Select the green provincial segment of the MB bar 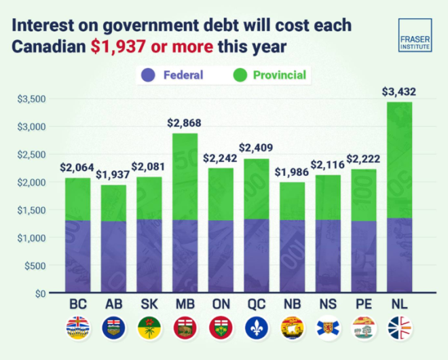coord(185,177)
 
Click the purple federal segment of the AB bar coord(113,257)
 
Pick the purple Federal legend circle coord(148,75)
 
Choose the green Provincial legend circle coord(238,75)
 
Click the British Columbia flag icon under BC coord(77,328)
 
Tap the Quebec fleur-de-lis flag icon coord(256,328)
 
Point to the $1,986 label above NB coord(292,171)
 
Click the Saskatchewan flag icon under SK coord(149,328)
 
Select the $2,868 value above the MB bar coord(185,123)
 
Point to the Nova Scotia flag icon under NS coord(328,328)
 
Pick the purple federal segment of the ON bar coord(221,257)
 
